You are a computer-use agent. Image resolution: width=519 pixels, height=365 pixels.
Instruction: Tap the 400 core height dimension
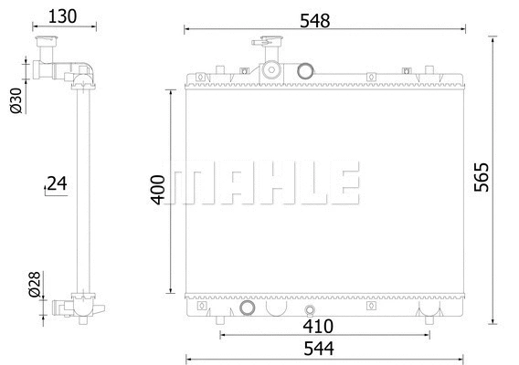[x=158, y=189]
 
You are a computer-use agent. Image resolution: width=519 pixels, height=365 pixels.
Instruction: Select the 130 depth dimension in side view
[x=61, y=16]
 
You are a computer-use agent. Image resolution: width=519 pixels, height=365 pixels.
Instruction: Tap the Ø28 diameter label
[x=35, y=286]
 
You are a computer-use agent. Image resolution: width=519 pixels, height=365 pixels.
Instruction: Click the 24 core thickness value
[x=57, y=183]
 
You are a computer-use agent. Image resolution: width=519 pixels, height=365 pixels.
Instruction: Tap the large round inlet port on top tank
[x=305, y=70]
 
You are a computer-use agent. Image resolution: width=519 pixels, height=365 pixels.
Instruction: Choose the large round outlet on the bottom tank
[x=248, y=308]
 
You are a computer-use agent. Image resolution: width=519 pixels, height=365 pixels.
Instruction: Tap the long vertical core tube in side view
[x=81, y=182]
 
